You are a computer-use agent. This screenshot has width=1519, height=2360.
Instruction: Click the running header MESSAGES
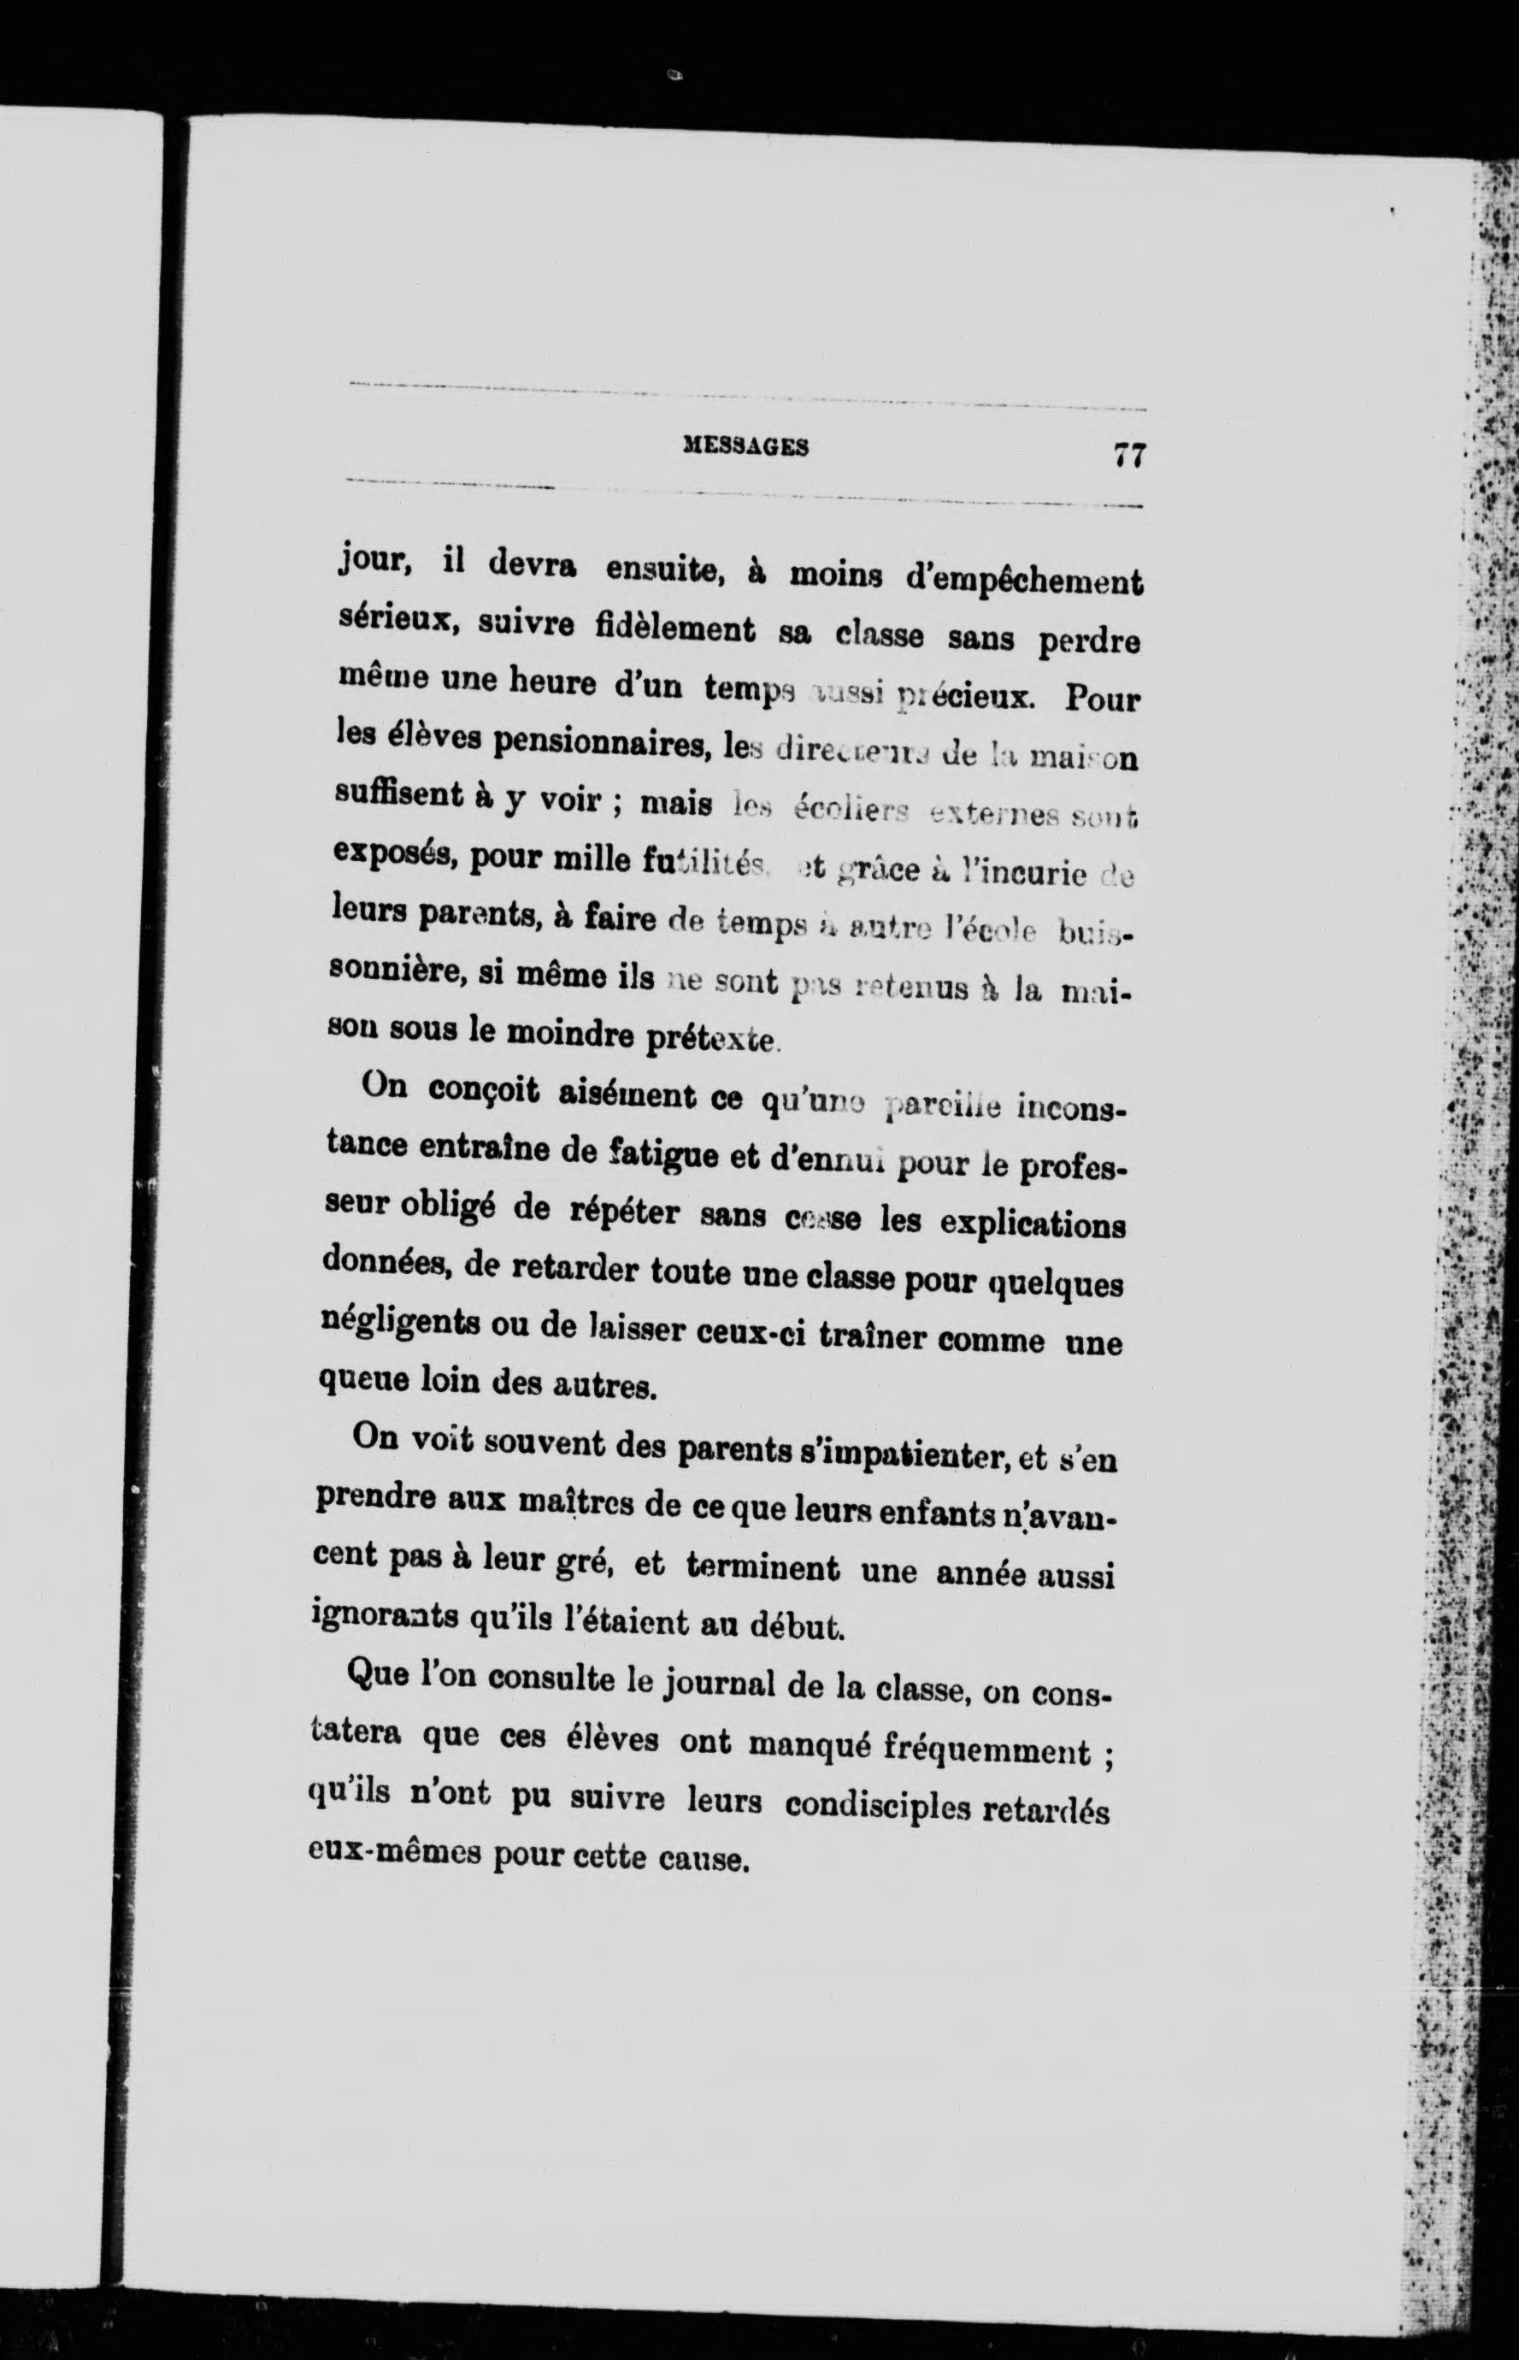(x=745, y=447)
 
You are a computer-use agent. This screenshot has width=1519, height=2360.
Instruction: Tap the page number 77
(x=1128, y=455)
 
